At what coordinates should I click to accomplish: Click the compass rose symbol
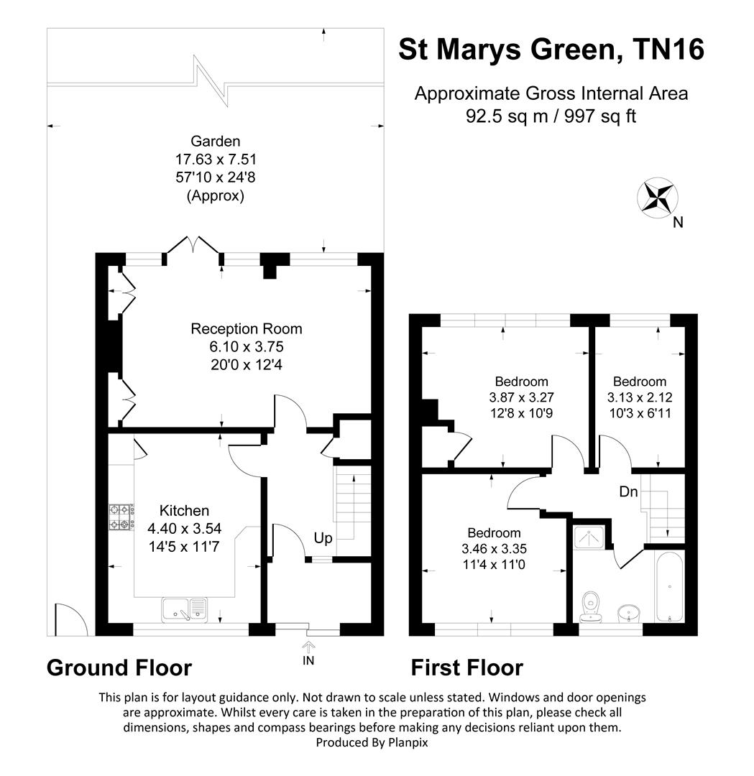coord(657,198)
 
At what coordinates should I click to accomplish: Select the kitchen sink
coord(184,610)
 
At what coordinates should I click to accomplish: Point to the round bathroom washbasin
coord(629,614)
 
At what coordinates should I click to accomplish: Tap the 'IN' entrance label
coord(308,660)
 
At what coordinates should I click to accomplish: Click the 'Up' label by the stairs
coord(323,538)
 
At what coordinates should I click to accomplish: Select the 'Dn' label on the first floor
coord(628,491)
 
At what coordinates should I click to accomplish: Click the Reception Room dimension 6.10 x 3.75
coord(247,346)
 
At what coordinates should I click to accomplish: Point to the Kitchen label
coord(184,510)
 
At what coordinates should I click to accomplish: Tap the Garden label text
coord(216,141)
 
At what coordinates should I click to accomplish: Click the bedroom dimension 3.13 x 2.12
coord(640,397)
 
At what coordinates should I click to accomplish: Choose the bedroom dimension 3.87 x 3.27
coord(521,397)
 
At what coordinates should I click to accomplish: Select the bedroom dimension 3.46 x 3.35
coord(494,549)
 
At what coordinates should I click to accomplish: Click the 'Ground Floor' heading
coord(119,668)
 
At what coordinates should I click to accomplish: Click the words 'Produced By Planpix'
coord(372,742)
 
